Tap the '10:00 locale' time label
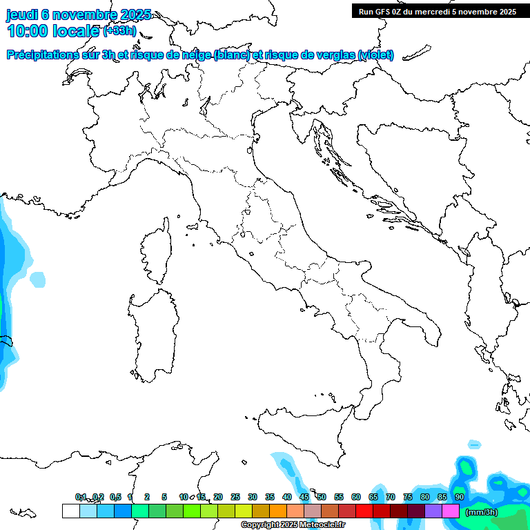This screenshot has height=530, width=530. coord(54,31)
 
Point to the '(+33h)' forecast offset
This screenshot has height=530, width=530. coord(119,31)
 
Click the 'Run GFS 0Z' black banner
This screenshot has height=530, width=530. coord(438,11)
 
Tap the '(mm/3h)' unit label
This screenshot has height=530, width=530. coord(481,511)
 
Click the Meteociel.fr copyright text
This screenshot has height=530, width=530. coord(293,525)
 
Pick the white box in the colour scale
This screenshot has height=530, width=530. coord(70,511)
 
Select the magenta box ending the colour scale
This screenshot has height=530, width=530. coord(451,511)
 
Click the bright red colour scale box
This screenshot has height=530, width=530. coord(364,511)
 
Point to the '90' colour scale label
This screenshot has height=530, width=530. coord(459,497)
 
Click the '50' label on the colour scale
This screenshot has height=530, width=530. coord(322,497)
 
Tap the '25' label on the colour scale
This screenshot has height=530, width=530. coord(235,497)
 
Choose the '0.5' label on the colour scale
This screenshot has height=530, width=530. coord(115,497)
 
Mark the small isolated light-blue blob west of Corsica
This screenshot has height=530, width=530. coord(39,279)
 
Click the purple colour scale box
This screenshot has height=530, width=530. coord(433,511)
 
